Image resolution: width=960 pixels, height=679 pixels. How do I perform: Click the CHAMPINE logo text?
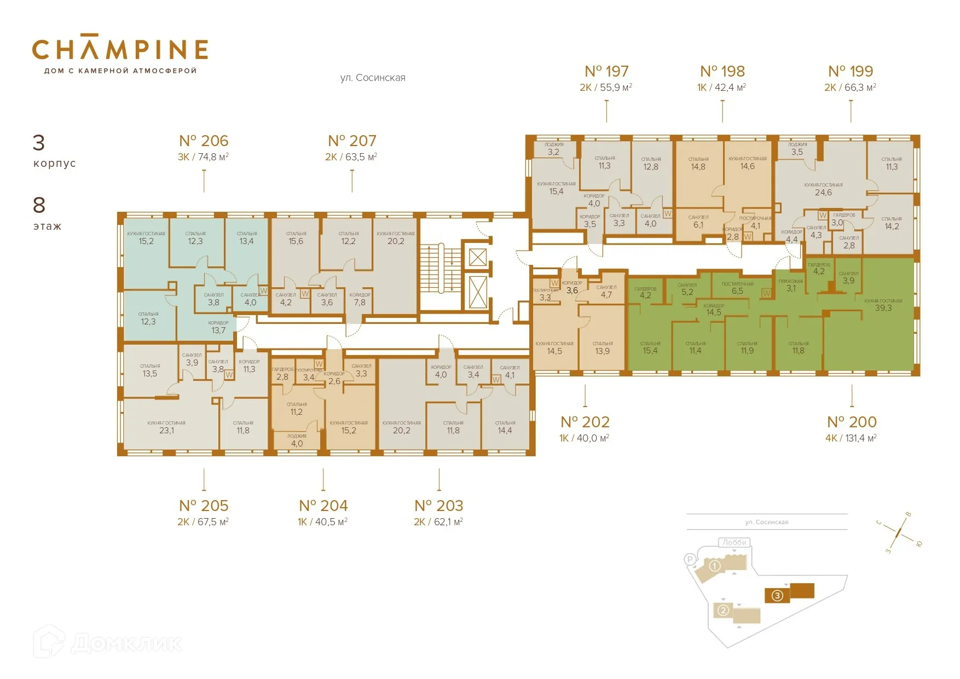click(120, 49)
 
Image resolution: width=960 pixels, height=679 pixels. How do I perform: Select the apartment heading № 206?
click(204, 141)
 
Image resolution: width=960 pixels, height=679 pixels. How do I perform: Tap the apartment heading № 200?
click(852, 422)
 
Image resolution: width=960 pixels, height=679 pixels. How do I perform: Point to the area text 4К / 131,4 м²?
click(851, 438)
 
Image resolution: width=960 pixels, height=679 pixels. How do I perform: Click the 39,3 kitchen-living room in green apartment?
click(883, 307)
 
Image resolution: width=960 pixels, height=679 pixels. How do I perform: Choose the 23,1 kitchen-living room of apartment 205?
click(166, 430)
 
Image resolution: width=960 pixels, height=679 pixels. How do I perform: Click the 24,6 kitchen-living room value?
click(823, 192)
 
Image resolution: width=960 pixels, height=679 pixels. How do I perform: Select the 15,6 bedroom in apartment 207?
click(296, 241)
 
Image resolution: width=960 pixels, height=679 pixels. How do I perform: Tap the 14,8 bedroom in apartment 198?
click(698, 166)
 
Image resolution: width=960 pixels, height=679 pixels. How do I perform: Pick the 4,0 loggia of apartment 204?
click(297, 443)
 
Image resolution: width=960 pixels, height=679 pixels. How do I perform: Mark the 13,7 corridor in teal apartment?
click(218, 330)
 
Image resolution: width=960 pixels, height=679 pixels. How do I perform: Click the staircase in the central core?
click(440, 268)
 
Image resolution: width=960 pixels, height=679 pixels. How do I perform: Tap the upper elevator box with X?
click(477, 257)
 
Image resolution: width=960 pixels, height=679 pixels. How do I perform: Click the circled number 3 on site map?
click(777, 596)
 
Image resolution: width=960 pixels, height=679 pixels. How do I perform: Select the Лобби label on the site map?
click(734, 542)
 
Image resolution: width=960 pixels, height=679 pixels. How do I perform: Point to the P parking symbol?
click(690, 559)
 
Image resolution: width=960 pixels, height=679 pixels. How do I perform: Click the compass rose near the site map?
click(899, 530)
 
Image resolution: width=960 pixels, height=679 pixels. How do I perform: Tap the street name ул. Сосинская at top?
click(373, 78)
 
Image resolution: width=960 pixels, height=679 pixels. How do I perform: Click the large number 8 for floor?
click(39, 205)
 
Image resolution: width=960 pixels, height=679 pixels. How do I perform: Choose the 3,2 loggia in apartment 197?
click(553, 152)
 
